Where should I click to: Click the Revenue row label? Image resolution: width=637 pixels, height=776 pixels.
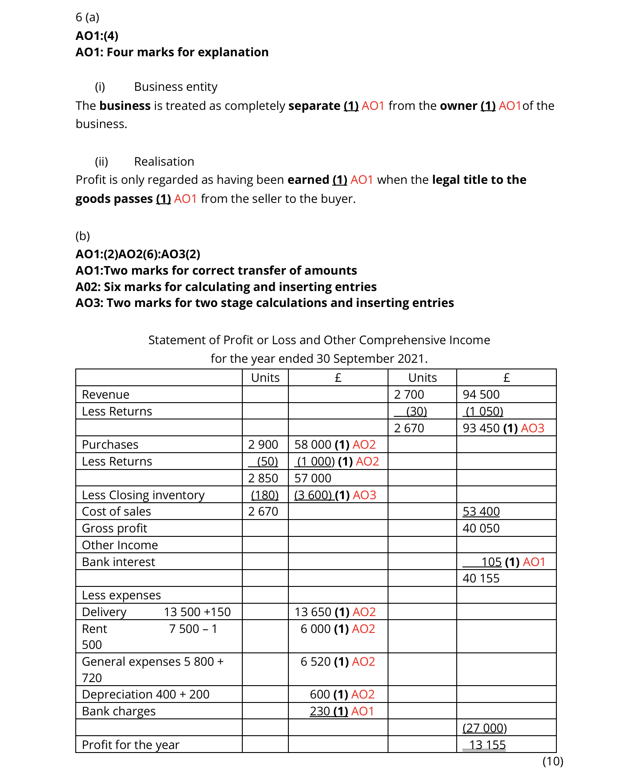click(105, 395)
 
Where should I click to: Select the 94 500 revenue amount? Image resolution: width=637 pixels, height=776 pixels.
click(481, 395)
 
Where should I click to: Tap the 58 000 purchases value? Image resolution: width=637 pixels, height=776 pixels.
click(313, 445)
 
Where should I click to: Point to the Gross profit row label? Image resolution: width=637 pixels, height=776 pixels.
click(114, 528)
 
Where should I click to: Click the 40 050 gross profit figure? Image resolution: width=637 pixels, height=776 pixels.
click(481, 528)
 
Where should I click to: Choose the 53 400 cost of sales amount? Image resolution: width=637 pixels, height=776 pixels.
click(481, 512)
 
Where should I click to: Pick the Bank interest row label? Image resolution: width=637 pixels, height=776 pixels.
click(118, 562)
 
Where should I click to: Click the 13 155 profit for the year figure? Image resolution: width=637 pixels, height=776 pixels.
click(487, 745)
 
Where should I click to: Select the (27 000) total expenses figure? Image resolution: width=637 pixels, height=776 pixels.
click(484, 728)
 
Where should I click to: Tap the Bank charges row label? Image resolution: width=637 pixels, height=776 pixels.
click(119, 711)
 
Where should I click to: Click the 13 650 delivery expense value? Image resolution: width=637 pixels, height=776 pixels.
click(313, 612)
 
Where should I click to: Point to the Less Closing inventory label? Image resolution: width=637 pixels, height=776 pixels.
click(143, 495)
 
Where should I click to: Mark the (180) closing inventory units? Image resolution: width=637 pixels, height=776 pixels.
click(264, 495)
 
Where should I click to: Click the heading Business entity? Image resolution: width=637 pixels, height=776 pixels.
click(175, 87)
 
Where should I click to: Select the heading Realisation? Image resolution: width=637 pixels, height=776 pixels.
click(164, 162)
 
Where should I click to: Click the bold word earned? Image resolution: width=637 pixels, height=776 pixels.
click(308, 180)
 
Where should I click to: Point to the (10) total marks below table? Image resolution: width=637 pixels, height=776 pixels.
click(552, 761)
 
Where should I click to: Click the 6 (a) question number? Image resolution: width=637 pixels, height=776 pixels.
click(87, 17)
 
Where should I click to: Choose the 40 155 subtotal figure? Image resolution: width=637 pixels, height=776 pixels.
click(481, 578)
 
